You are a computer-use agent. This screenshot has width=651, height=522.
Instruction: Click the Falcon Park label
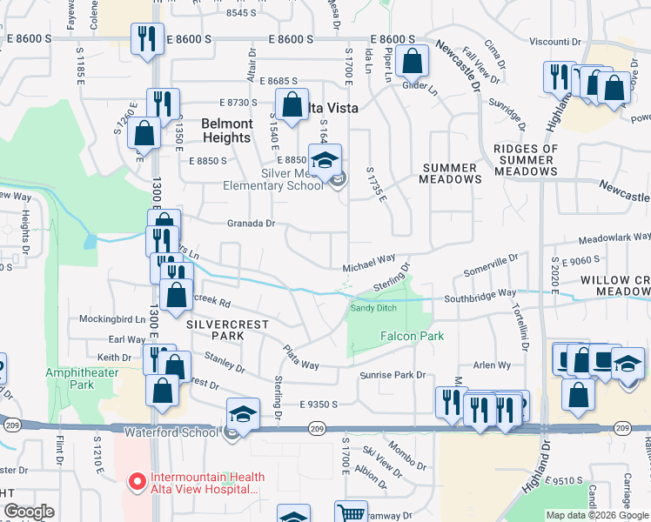tap(412, 336)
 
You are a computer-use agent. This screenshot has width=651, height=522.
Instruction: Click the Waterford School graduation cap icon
tap(244, 413)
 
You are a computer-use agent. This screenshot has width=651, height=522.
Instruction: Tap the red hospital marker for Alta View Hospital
tap(136, 480)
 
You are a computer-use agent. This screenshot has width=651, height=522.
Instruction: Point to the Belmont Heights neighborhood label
tap(227, 130)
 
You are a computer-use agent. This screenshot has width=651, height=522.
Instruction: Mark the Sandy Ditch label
tap(373, 307)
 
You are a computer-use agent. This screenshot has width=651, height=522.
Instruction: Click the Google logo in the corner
tap(30, 512)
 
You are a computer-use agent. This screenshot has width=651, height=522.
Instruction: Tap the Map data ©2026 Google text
tap(597, 515)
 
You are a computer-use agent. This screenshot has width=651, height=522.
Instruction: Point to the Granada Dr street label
tap(252, 224)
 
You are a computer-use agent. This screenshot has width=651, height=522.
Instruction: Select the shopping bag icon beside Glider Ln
tap(413, 62)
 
